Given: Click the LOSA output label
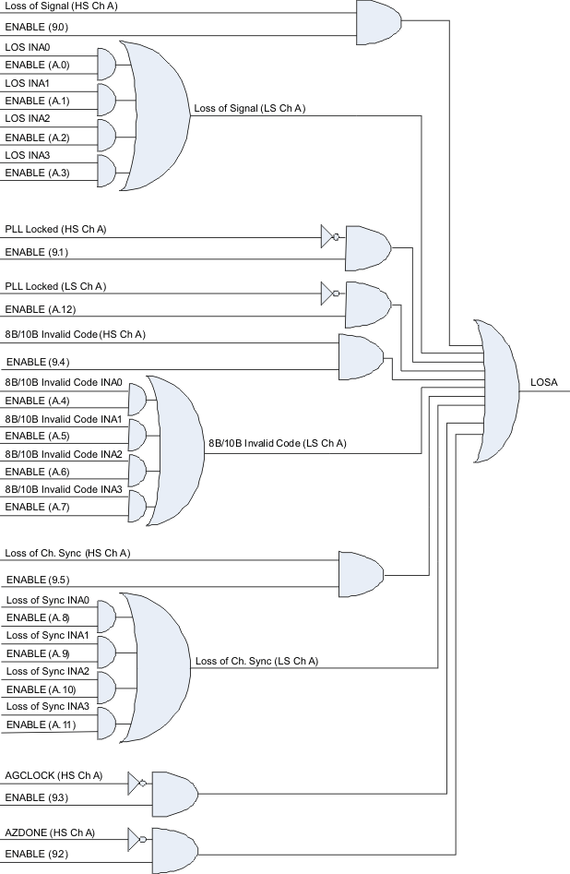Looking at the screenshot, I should (543, 381).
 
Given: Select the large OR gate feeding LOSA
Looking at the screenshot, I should (498, 390).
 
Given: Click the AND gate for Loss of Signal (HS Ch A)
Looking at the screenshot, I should (377, 22).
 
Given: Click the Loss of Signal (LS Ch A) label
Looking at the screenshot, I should (249, 108).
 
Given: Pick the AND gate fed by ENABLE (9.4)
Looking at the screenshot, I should (361, 353).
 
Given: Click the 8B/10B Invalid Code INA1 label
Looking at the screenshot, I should (64, 418).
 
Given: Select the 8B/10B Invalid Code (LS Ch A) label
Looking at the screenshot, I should (277, 444).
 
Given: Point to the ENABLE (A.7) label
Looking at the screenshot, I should (37, 507).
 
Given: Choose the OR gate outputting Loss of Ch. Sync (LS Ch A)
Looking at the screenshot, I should (161, 662).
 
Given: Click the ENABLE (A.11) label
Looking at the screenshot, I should (40, 724).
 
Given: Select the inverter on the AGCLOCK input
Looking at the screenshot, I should (137, 784).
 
